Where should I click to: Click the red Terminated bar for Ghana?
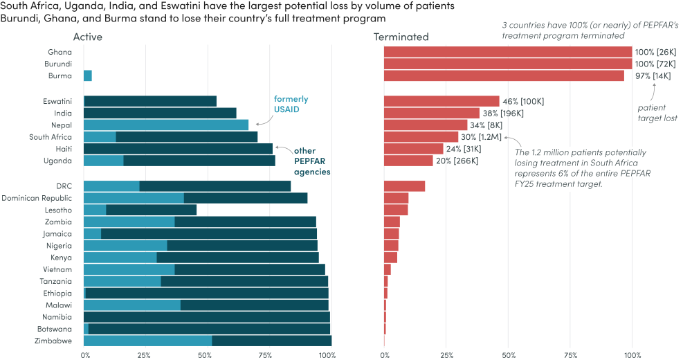[507, 52]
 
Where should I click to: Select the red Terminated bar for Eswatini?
[441, 101]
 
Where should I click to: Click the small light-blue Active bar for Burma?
[87, 76]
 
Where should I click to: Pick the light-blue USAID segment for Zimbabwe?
[147, 340]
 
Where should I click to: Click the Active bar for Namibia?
[207, 316]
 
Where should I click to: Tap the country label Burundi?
[58, 64]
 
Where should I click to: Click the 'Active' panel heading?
[87, 37]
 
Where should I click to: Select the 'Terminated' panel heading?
[401, 37]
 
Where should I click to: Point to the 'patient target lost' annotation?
[657, 113]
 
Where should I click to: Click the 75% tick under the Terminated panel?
[570, 354]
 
